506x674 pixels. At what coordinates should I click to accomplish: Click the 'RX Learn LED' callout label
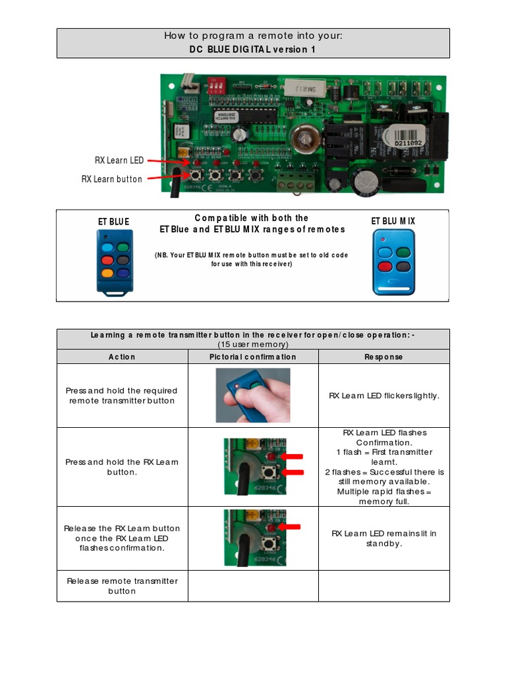(118, 160)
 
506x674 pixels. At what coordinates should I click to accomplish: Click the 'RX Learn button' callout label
(112, 179)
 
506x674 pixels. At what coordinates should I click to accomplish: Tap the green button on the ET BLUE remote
(123, 247)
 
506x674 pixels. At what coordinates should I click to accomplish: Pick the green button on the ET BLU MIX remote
(403, 253)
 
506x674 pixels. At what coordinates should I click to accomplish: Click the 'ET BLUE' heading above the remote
(114, 222)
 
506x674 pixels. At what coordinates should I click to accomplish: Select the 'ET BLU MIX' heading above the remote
(393, 221)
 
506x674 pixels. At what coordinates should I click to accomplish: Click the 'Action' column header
(122, 357)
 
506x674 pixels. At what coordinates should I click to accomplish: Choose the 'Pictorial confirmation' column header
(253, 357)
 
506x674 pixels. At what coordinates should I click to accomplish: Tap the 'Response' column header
(383, 357)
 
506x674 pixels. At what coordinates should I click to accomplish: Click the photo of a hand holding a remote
(253, 395)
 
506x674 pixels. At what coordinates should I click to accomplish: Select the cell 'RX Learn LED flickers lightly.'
(383, 396)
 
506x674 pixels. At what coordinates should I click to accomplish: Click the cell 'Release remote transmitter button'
(122, 586)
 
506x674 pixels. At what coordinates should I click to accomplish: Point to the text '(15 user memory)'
(253, 344)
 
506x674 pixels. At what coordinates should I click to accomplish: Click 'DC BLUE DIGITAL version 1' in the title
(253, 50)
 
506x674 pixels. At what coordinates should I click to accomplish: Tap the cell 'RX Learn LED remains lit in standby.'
(383, 538)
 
